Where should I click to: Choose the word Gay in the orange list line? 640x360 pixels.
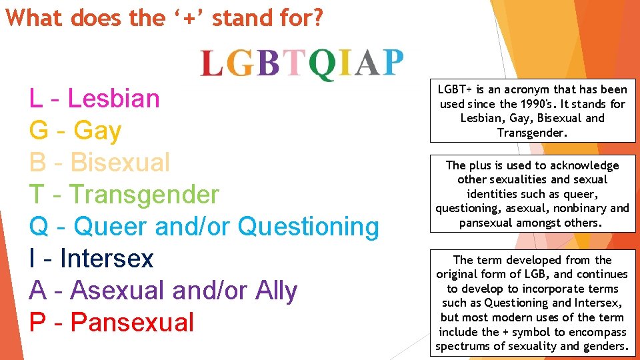click(97, 131)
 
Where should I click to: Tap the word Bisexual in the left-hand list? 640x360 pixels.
click(120, 163)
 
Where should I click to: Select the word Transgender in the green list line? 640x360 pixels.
click(144, 195)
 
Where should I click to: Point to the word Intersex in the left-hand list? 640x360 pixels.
click(107, 259)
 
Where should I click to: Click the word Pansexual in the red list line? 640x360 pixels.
click(132, 323)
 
